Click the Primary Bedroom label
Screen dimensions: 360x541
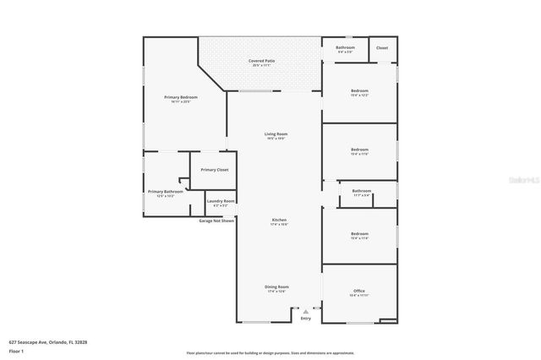pos(181,98)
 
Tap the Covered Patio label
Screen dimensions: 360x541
pos(261,61)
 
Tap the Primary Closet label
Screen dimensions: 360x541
pos(215,170)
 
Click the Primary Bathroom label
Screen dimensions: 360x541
pos(165,192)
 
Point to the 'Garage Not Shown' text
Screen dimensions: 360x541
pos(217,221)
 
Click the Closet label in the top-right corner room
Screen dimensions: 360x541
pos(382,48)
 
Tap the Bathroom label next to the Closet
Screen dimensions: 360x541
pos(345,47)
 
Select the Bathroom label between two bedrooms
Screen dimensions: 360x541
pos(362,191)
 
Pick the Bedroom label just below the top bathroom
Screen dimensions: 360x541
pos(360,90)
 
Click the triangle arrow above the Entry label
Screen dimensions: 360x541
pos(306,311)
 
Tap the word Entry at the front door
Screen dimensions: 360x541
pos(306,319)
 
